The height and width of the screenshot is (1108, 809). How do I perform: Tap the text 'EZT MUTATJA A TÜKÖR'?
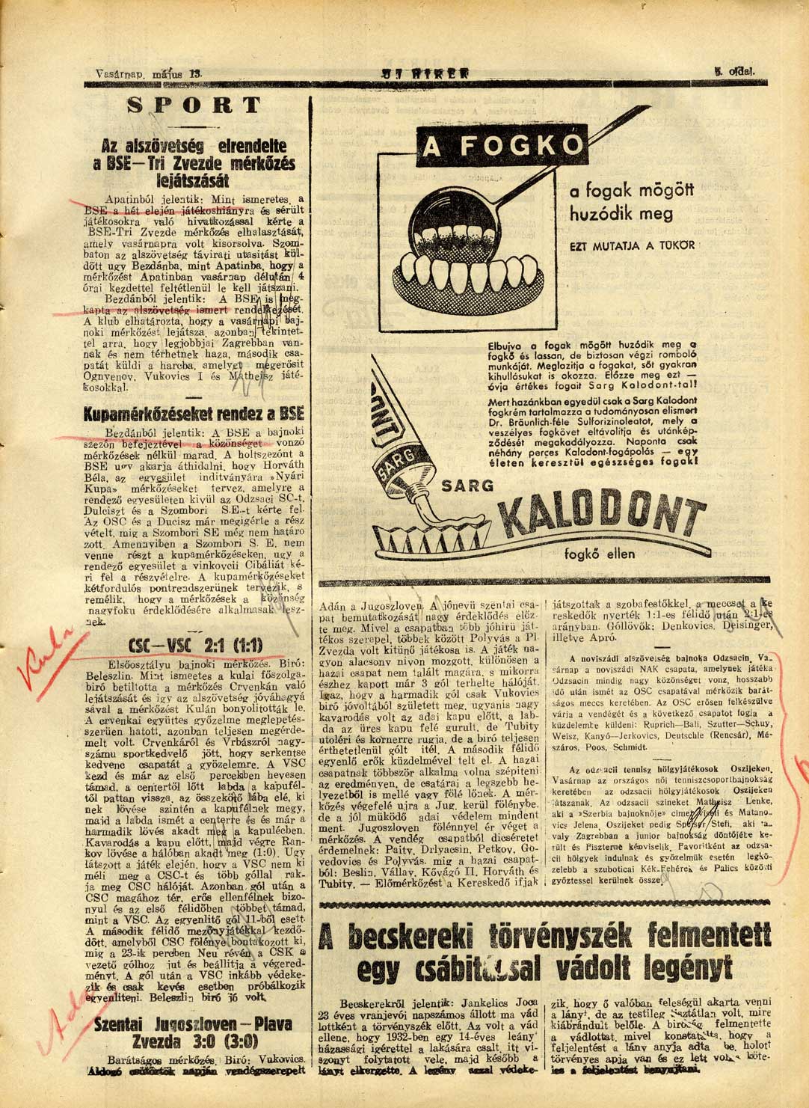tap(633, 245)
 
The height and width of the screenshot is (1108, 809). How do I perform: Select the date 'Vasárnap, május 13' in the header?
tap(150, 73)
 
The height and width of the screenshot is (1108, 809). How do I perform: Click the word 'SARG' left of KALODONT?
tap(467, 485)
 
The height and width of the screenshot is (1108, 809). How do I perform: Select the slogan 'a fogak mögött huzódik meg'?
tap(621, 203)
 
